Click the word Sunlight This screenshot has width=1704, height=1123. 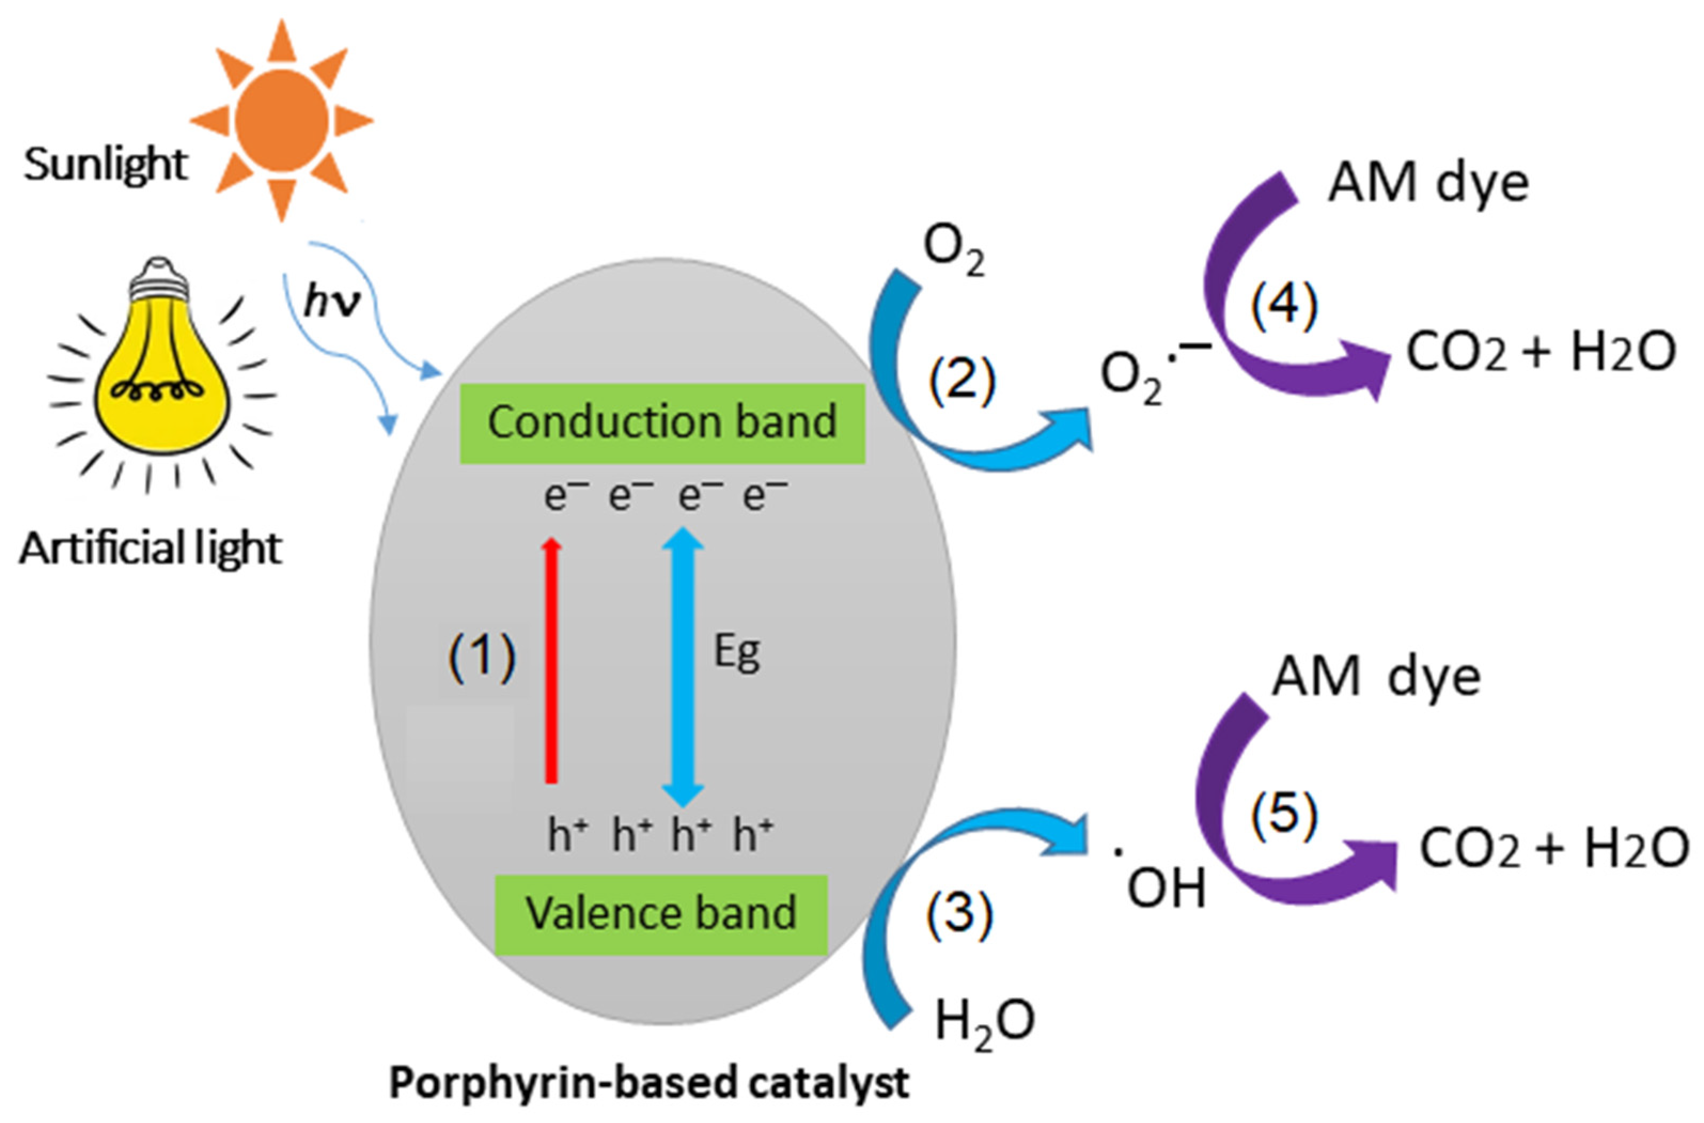click(105, 164)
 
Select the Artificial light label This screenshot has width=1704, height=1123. click(151, 549)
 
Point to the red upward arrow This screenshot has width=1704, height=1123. click(551, 659)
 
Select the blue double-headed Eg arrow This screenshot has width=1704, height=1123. click(682, 666)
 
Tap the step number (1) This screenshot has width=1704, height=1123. click(482, 657)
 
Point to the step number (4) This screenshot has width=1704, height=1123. click(1284, 307)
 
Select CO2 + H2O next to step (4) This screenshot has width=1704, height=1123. click(1541, 353)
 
